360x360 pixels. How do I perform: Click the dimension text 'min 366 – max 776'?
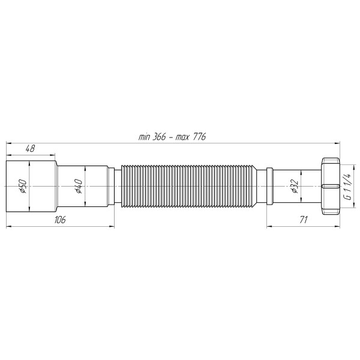tap(172, 137)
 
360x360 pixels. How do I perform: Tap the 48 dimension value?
tap(29, 148)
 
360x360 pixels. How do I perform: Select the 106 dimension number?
tap(59, 220)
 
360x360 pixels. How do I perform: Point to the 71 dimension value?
tap(303, 220)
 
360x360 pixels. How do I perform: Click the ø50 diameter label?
tap(22, 187)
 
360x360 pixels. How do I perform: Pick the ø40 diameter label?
tap(79, 187)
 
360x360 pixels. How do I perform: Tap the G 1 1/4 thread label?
tap(347, 187)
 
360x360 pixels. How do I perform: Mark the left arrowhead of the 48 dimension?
tap(8, 154)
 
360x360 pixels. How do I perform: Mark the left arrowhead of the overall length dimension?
tap(8, 142)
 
